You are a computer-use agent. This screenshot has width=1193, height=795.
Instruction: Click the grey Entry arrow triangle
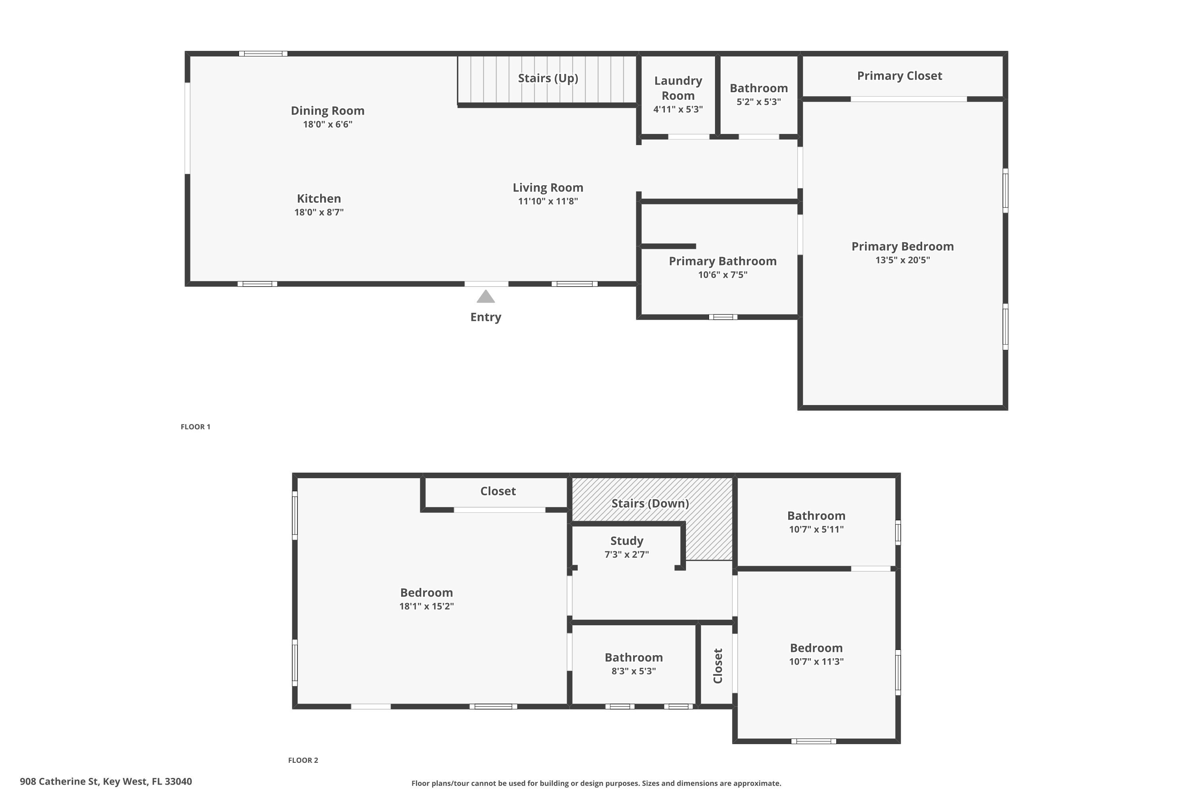coord(486,297)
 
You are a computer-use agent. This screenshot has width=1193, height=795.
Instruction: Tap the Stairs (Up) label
coord(548,78)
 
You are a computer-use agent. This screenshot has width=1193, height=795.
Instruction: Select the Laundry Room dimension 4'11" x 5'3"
coord(678,109)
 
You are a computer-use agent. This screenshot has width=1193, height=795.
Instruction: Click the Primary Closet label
coord(899,76)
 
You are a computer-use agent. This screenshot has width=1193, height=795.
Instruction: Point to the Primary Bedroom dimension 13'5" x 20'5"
coord(902,260)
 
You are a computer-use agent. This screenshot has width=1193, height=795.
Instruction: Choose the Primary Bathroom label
coord(722,261)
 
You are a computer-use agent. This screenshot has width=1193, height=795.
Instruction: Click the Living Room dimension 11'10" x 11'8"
coord(548,201)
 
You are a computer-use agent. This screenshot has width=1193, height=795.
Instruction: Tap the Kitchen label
coord(319,199)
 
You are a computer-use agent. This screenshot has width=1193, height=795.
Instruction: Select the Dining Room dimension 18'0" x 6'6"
coord(327,124)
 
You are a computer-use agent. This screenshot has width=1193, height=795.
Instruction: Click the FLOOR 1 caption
coord(195,427)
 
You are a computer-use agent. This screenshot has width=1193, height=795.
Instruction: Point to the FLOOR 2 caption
coord(303,760)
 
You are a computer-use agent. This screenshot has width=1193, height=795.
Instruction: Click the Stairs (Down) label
coord(650,504)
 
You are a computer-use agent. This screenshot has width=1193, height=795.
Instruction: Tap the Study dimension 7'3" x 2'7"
coord(626,555)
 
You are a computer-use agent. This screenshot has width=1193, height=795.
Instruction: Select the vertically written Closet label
coord(718,666)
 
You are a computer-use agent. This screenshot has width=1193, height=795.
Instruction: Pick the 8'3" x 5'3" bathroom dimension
coord(633,671)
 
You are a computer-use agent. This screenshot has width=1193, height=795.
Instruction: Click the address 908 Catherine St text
coord(105,781)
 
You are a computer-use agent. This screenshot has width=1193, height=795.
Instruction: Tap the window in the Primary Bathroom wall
coord(723,317)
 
